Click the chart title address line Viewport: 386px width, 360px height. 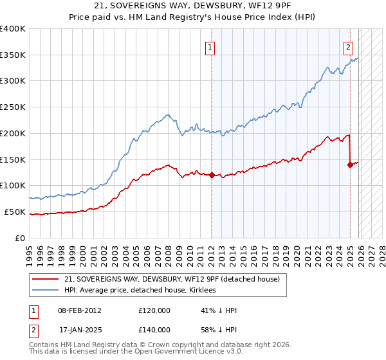pyautogui.click(x=192, y=6)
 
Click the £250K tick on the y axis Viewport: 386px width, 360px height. pyautogui.click(x=13, y=107)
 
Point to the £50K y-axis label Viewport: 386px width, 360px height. pyautogui.click(x=15, y=212)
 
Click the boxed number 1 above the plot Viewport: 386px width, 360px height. pyautogui.click(x=210, y=46)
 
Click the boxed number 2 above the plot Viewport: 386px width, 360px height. pyautogui.click(x=348, y=46)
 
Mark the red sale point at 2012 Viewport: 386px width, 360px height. pyautogui.click(x=212, y=175)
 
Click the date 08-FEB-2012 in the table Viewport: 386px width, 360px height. pyautogui.click(x=79, y=310)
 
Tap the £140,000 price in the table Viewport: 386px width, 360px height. pyautogui.click(x=154, y=330)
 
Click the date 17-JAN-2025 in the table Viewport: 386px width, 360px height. pyautogui.click(x=79, y=330)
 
